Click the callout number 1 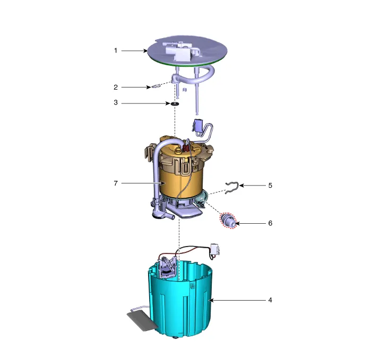116,51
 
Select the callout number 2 116,87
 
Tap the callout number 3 116,102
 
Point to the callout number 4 270,300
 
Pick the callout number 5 270,186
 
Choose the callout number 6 270,223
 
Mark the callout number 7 116,183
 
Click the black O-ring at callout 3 175,103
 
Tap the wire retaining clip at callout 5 231,188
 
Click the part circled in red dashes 228,221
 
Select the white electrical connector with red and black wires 214,250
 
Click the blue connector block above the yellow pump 198,125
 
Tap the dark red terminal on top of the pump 185,148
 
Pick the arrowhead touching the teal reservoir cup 211,300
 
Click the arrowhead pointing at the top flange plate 145,51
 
